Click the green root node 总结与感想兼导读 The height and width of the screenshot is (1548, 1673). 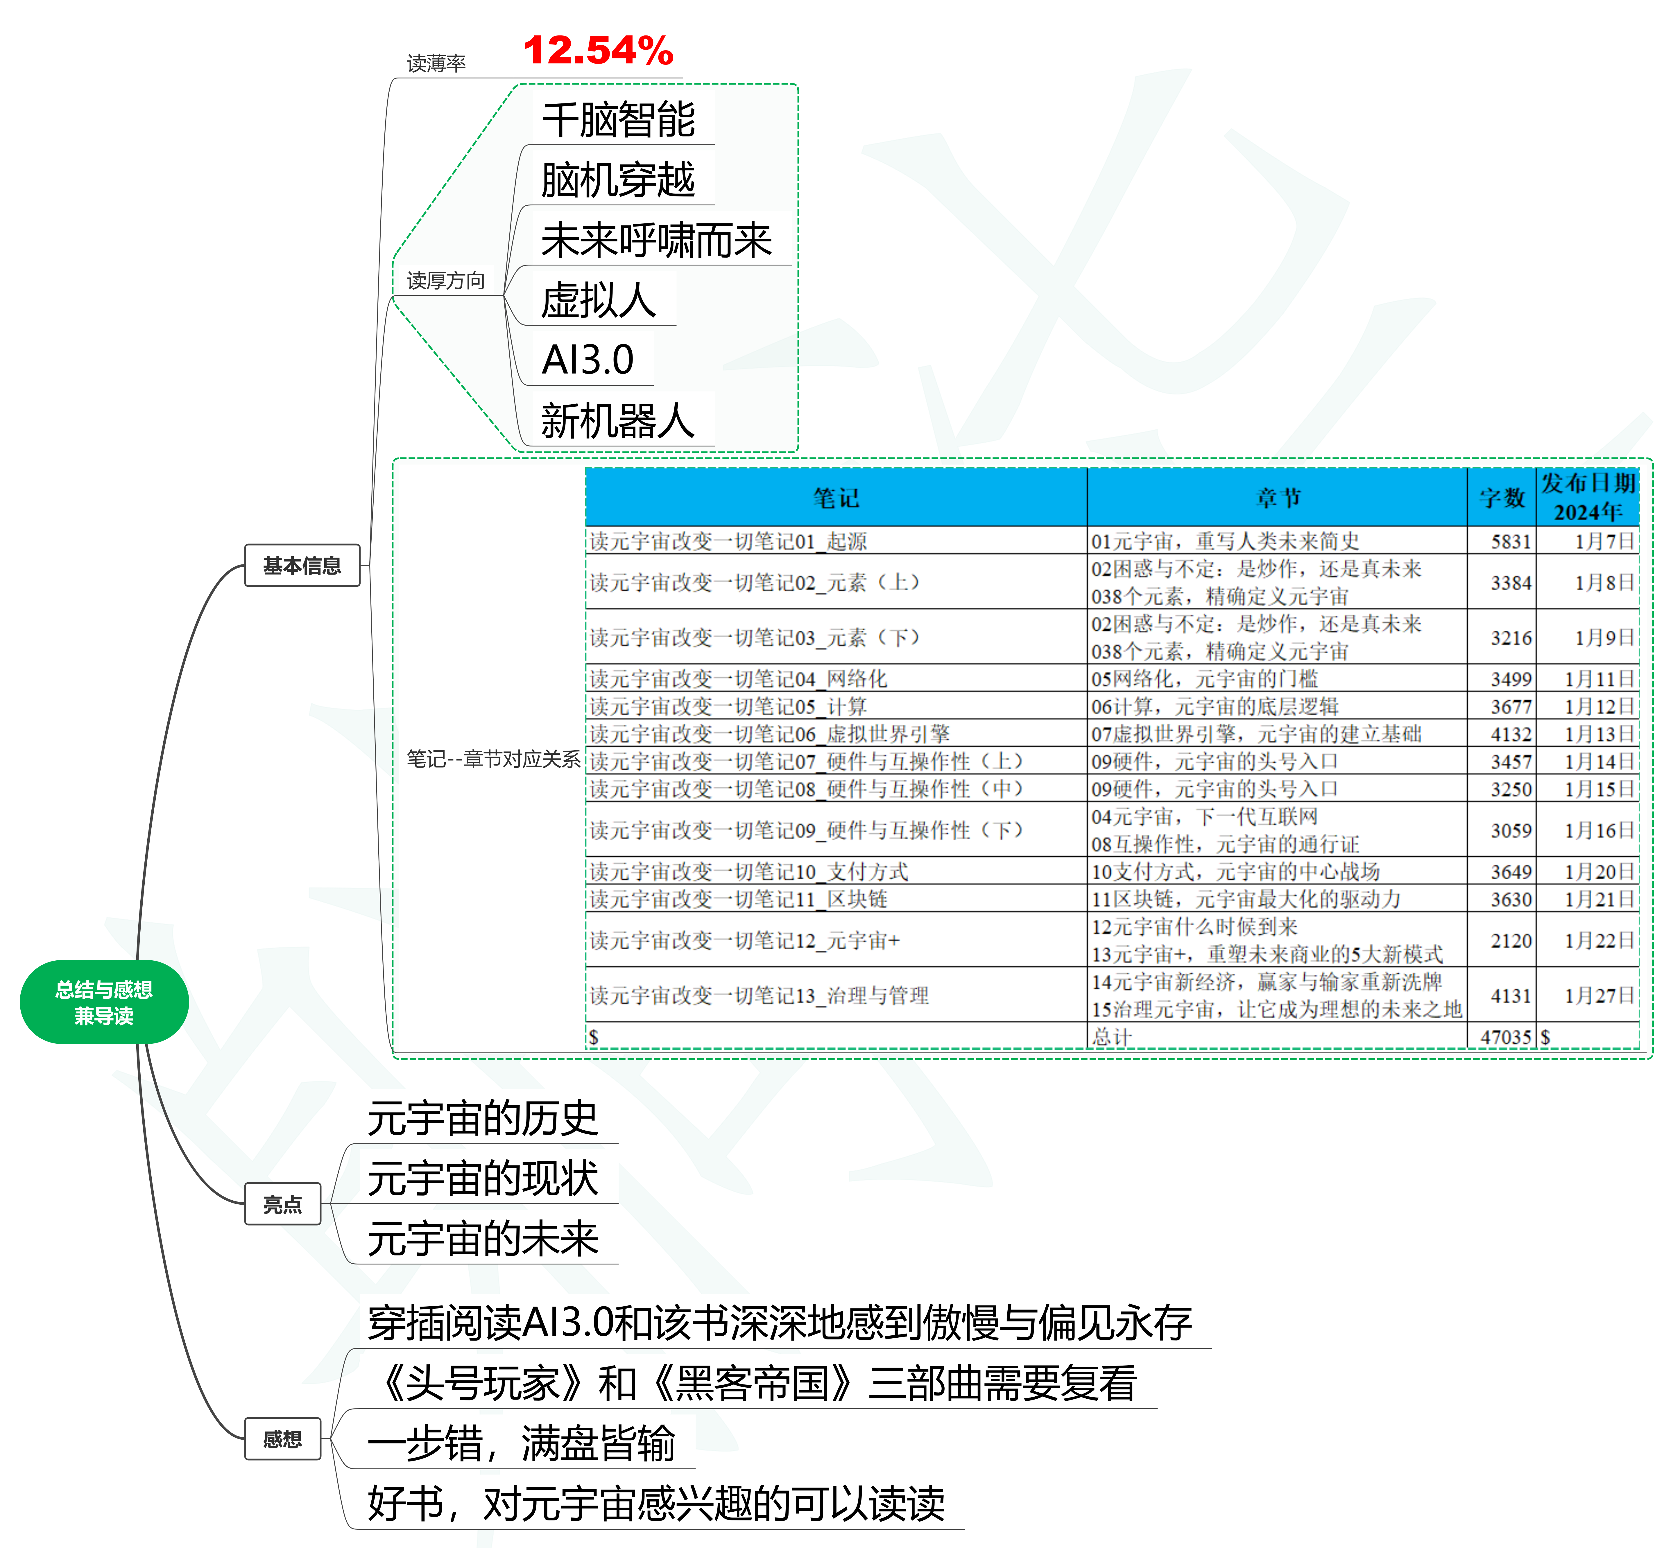tap(104, 1002)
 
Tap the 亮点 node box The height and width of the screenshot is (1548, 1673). tap(282, 1204)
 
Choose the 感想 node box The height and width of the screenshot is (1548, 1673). tap(282, 1438)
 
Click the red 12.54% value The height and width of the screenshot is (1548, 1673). tap(598, 50)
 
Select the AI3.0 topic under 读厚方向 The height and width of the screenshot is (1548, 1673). tap(588, 360)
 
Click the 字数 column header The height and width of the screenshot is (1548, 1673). tap(1502, 498)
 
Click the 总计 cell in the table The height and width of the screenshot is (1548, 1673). tap(1112, 1037)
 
